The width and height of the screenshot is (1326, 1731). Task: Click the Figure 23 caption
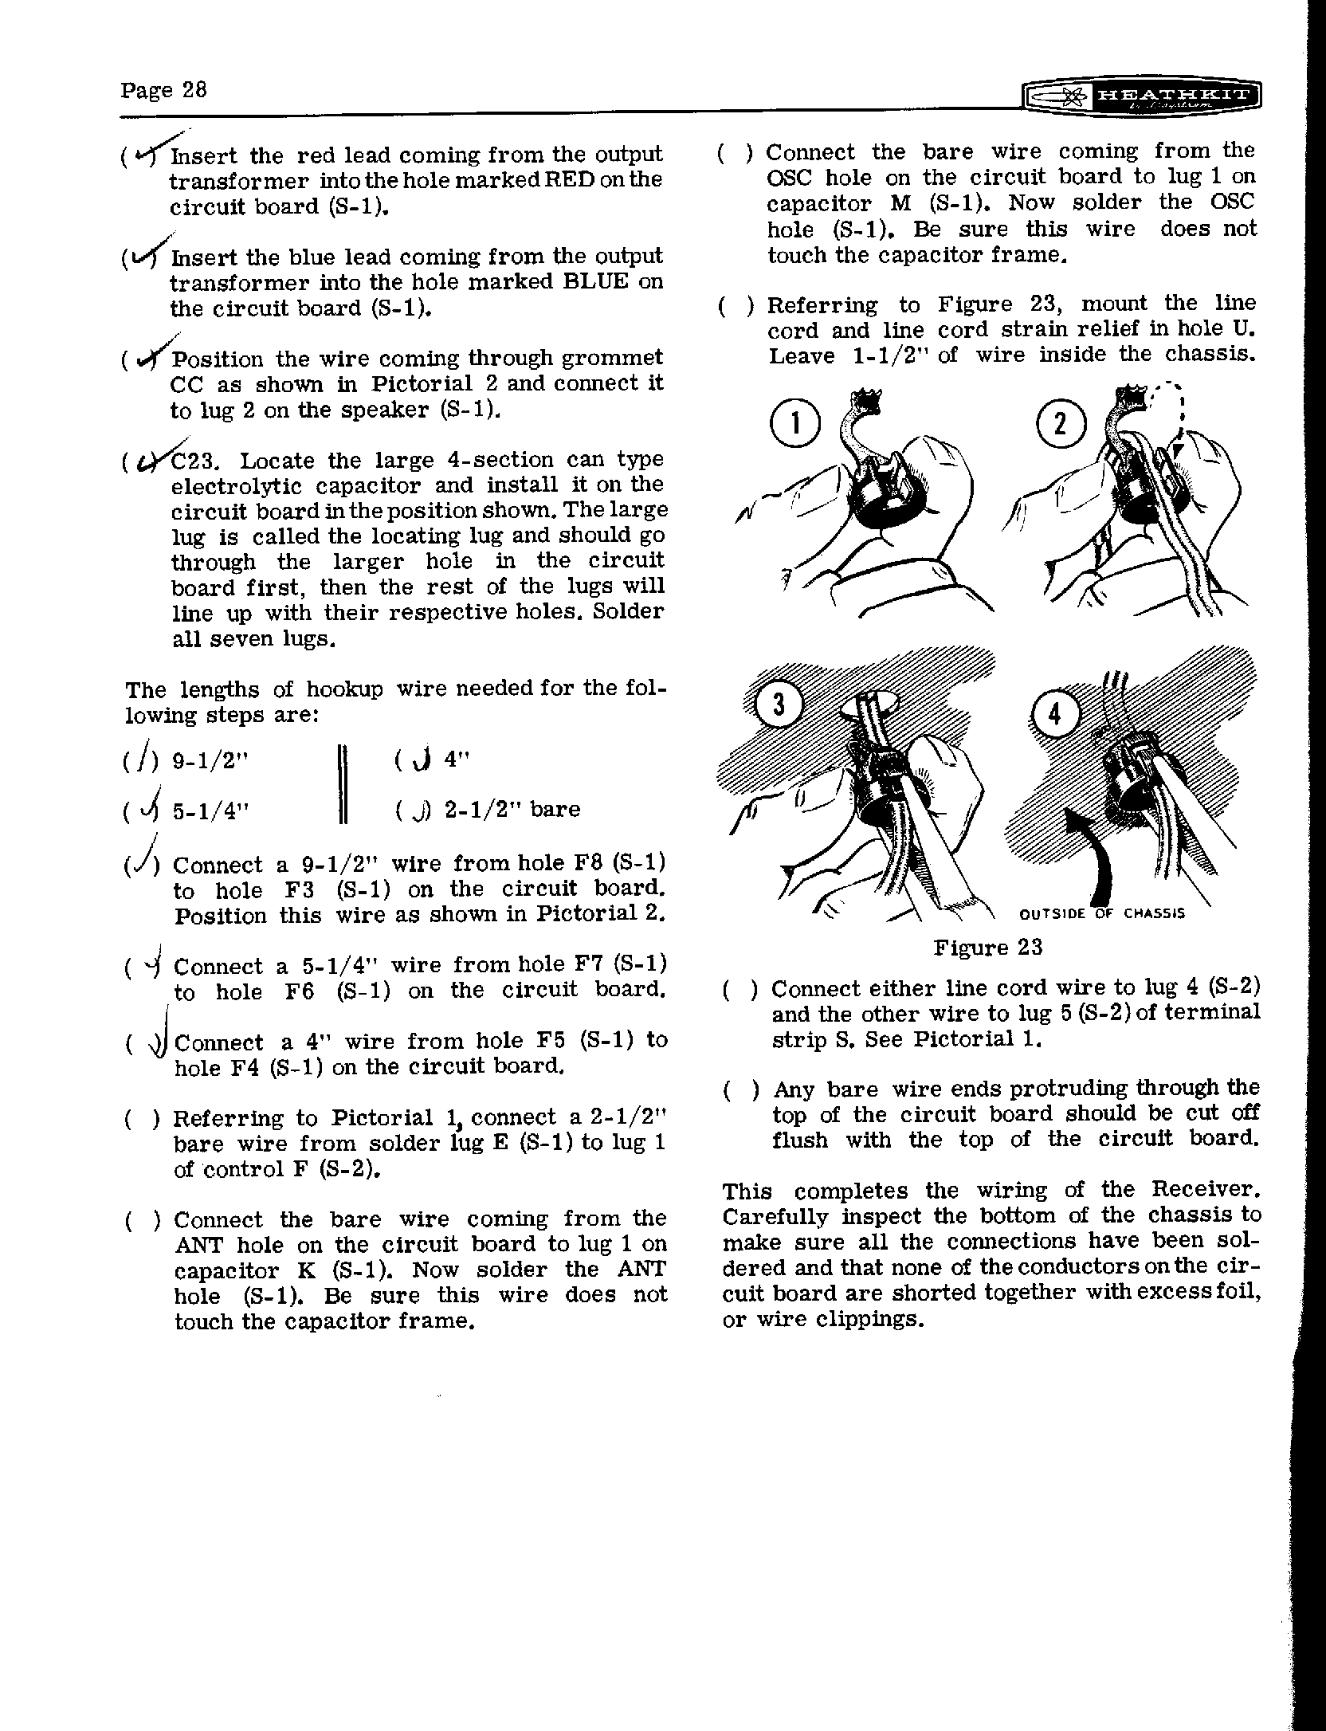(987, 947)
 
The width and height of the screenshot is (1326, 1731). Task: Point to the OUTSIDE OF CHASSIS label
(1102, 913)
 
